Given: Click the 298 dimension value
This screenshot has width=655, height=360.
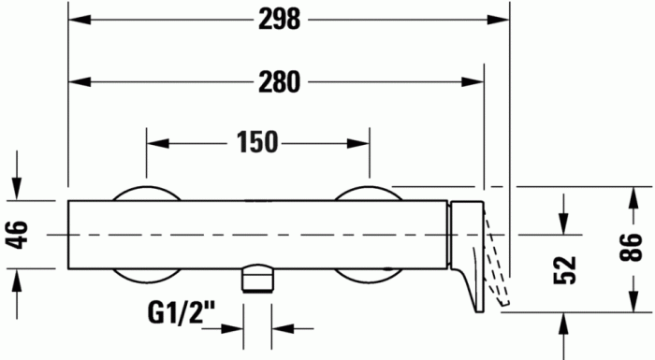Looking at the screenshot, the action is [x=279, y=20].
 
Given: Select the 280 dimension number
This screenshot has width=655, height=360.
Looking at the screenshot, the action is [x=279, y=82].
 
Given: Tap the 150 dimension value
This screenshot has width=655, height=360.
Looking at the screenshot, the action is [x=257, y=142].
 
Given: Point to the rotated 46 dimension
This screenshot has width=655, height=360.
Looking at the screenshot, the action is [x=19, y=235].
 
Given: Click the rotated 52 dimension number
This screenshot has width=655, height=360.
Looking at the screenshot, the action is [x=565, y=270].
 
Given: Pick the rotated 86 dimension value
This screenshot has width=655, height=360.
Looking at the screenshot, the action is [x=631, y=248].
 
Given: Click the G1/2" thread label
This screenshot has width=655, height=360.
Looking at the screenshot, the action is [x=182, y=313].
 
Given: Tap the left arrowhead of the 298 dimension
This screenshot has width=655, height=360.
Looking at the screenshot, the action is [x=80, y=20].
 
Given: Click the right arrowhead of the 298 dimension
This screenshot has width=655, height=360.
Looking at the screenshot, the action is [x=499, y=20].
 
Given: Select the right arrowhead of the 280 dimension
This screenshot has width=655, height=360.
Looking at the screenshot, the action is [x=473, y=82].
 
